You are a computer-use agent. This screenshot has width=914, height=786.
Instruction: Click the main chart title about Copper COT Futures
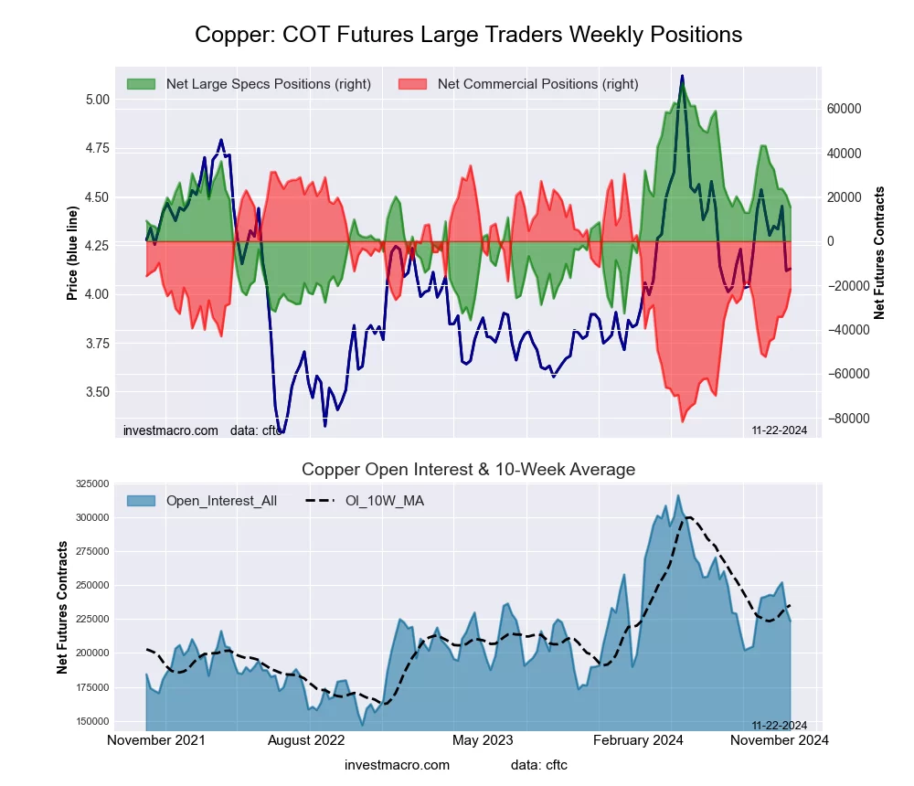coord(468,35)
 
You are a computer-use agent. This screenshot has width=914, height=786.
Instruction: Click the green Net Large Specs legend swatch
coord(142,84)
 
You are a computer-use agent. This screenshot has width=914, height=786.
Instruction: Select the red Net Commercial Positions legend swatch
coord(413,84)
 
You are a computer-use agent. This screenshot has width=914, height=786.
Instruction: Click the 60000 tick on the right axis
coord(845,109)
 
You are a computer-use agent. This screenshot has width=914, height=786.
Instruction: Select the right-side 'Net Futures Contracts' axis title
coord(880,253)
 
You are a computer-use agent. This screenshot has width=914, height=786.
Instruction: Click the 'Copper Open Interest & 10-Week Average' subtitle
coord(468,470)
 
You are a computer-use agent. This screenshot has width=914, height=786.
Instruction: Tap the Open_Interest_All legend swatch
coord(142,501)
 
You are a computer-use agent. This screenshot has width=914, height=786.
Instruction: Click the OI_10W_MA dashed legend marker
coord(316,501)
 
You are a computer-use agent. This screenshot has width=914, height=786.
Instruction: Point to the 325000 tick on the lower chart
coord(92,483)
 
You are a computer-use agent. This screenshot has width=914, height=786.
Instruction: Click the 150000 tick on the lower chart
coord(92,720)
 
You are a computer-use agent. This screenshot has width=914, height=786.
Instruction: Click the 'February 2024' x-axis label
coord(639,740)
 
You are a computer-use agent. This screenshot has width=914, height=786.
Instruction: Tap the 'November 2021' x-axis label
coord(156,740)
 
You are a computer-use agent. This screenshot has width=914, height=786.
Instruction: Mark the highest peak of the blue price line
coord(682,76)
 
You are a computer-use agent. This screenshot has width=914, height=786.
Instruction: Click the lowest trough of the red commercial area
coord(682,421)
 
